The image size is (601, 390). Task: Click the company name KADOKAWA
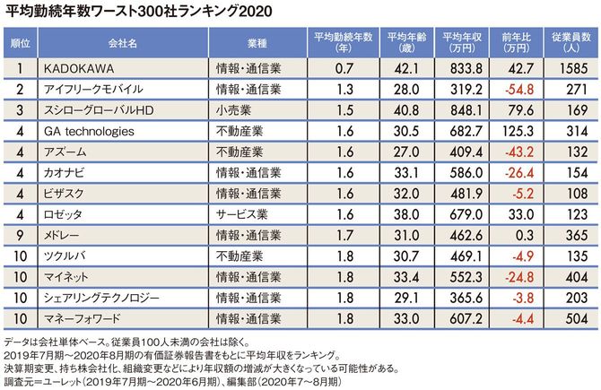[78, 68]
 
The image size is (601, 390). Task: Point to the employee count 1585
[574, 68]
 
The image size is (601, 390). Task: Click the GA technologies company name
[89, 131]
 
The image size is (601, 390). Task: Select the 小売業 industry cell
[234, 110]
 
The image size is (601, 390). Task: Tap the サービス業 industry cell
[241, 214]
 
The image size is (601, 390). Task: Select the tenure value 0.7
[344, 68]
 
